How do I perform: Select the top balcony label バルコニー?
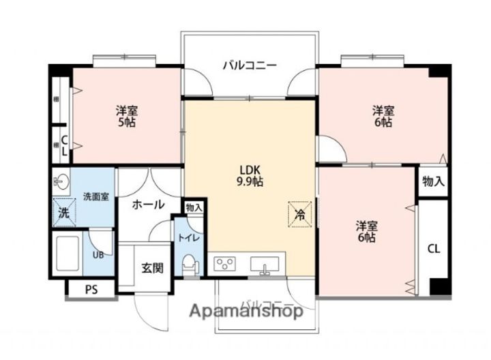point(250,66)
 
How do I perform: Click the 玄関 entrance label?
point(152,268)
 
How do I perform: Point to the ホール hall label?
point(147,204)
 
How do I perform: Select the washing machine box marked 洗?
point(63,211)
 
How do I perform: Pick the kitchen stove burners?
point(226,263)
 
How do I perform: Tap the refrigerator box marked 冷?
point(299,213)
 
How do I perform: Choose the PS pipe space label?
point(91,289)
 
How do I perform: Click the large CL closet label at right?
point(434,248)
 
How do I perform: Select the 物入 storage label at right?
point(433,182)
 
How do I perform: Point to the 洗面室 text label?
point(95,196)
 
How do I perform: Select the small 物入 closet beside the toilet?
point(194,207)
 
